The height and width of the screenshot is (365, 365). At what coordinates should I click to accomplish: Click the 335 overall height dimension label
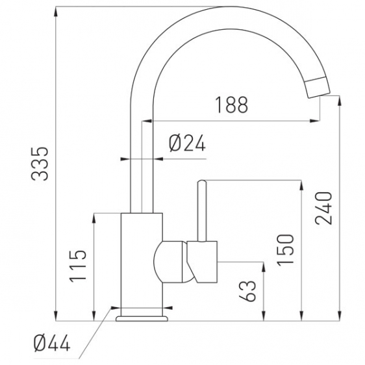(40, 164)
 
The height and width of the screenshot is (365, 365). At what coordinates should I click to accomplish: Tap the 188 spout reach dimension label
(232, 105)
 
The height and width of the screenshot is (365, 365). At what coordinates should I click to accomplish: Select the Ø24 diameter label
(188, 143)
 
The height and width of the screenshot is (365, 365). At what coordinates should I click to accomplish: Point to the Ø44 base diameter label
(52, 343)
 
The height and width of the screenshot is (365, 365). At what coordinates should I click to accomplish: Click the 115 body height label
(78, 266)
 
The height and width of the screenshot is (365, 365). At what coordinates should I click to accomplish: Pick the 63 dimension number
(247, 291)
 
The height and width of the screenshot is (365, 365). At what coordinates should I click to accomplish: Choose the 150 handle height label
(286, 250)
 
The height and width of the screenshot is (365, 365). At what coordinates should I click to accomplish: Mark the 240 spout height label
(323, 208)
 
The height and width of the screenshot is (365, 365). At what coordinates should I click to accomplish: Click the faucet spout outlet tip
(320, 96)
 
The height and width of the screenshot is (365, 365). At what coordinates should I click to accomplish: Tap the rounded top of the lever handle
(201, 182)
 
